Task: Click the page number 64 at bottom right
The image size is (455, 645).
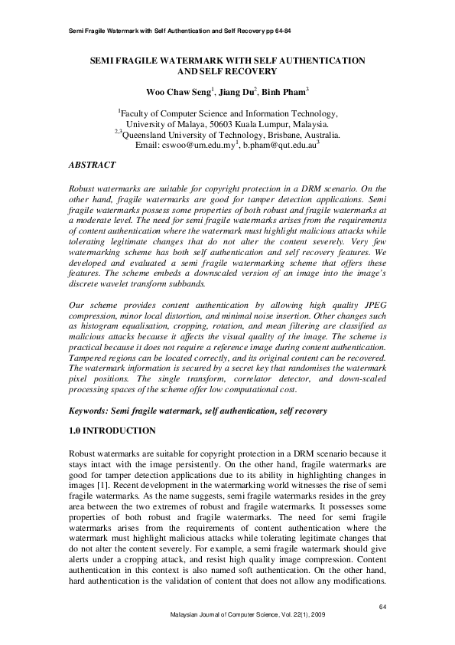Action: (x=384, y=607)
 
